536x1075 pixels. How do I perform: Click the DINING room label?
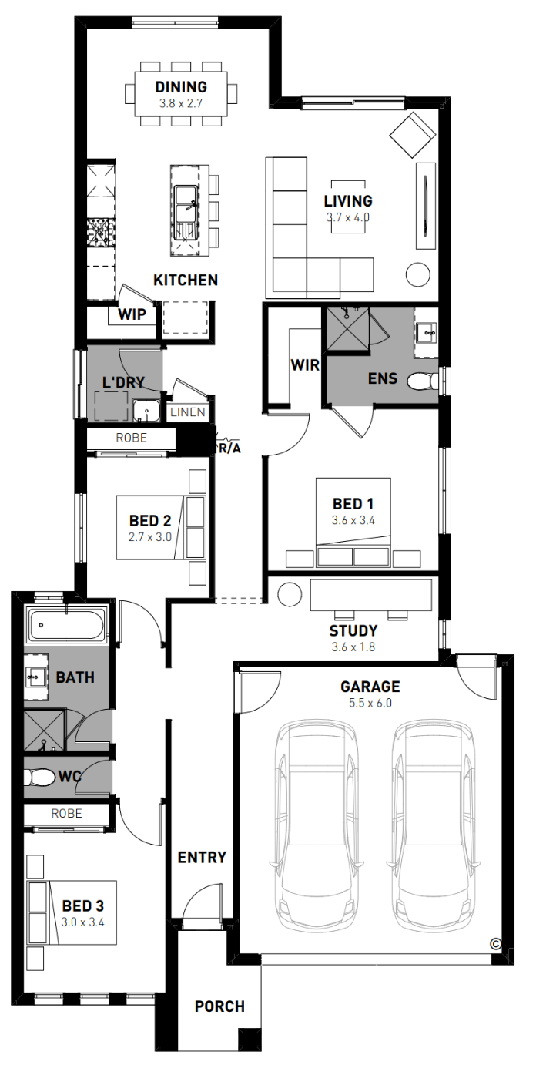[x=181, y=87]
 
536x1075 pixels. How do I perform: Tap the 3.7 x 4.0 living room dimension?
[x=348, y=217]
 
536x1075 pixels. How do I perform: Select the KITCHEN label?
[x=186, y=280]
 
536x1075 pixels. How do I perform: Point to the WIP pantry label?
[x=132, y=314]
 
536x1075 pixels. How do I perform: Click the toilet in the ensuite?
[x=422, y=382]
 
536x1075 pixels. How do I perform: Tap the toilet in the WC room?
[x=39, y=777]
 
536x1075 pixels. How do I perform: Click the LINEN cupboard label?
[x=188, y=412]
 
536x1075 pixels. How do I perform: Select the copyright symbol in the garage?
[x=496, y=944]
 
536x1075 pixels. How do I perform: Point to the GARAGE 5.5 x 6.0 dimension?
[x=370, y=703]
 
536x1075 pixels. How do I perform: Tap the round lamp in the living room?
[x=418, y=274]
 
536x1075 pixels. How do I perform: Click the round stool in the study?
[x=290, y=595]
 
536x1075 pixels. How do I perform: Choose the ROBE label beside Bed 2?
[x=132, y=438]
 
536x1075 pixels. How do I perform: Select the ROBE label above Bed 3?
[x=67, y=814]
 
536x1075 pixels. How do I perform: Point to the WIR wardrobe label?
[x=304, y=365]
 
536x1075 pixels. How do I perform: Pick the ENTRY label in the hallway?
[x=202, y=858]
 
